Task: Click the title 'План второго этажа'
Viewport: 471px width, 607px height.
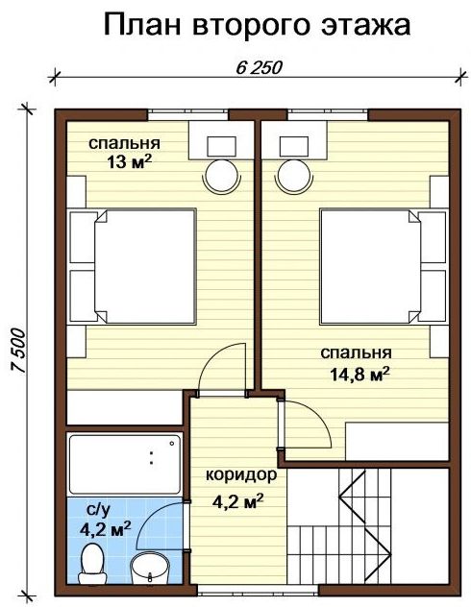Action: coord(257,26)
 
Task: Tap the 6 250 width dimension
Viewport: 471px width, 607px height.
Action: coord(259,68)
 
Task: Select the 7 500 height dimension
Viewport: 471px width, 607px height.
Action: coord(18,351)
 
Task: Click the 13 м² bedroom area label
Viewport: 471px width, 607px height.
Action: coord(128,162)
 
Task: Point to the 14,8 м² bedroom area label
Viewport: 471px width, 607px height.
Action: coord(359,375)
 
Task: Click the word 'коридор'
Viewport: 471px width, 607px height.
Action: coord(241,474)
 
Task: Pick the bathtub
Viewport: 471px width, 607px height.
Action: coord(125,464)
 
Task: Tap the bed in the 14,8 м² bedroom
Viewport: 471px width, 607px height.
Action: coord(383,267)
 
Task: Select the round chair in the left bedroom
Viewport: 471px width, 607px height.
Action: coord(221,176)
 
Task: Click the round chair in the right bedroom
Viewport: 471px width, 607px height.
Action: coord(293,176)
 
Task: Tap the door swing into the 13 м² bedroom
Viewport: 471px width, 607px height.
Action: coord(211,359)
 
